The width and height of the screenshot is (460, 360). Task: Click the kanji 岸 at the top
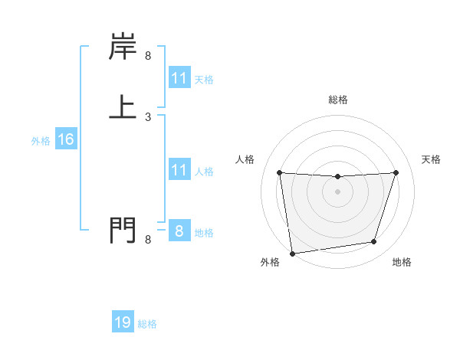[123, 47]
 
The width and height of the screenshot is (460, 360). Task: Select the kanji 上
[123, 106]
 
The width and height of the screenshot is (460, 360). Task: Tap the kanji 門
[123, 230]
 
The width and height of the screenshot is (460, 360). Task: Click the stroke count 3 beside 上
[148, 117]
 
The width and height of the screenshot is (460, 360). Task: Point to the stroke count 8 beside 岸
[148, 56]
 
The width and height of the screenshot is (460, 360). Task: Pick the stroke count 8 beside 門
[148, 240]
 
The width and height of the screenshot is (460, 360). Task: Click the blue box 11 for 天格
[179, 79]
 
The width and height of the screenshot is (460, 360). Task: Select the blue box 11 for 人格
[179, 171]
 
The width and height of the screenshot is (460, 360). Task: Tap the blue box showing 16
[65, 139]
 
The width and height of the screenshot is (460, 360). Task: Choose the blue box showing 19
[123, 323]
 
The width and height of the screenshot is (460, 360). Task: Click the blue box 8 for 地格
[179, 231]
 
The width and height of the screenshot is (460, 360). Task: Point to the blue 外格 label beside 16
[41, 141]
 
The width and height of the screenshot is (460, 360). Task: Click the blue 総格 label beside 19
[147, 325]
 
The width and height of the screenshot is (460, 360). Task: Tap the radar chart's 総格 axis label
[337, 100]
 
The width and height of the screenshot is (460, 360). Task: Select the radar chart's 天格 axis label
[432, 159]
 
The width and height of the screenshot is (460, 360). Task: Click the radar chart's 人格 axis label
[245, 159]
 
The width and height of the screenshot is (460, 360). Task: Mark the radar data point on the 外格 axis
[292, 253]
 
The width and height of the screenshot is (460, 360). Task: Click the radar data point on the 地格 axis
[374, 242]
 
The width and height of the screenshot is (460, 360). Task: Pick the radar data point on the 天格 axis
[396, 172]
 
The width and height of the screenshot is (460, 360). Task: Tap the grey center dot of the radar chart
[337, 191]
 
